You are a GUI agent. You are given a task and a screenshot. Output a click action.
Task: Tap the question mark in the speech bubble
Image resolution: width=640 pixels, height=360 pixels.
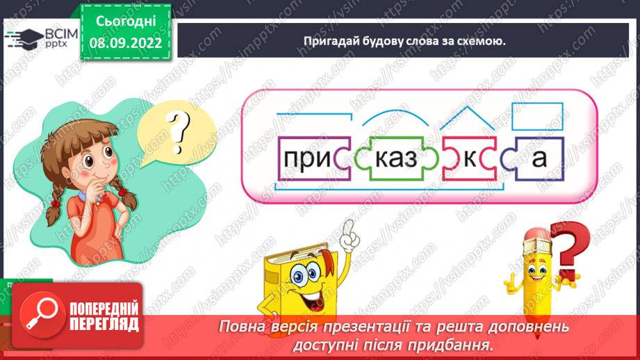coord(179,129)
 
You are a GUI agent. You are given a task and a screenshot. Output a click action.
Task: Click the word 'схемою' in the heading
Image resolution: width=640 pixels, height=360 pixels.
coord(479,41)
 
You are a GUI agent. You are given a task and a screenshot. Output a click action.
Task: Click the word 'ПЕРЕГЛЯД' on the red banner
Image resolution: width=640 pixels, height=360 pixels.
coord(104,324)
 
